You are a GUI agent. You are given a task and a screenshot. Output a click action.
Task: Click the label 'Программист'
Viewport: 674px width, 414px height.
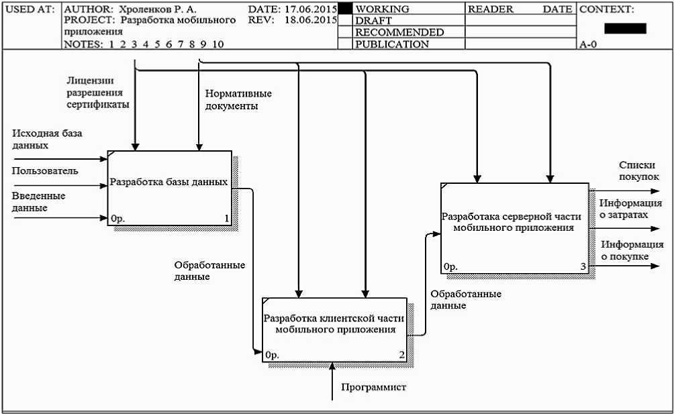coord(373,387)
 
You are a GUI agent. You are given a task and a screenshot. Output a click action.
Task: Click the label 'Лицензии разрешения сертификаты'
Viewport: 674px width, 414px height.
coord(98,92)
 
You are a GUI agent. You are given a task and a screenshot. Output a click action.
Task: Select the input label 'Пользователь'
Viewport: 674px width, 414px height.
coord(45,171)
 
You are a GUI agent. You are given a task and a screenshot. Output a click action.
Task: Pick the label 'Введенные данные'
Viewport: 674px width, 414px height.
coord(38,202)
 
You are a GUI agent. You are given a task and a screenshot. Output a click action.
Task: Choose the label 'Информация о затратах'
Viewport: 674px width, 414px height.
coord(631,209)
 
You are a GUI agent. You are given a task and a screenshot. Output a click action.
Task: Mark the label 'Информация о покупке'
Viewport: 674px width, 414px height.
coord(632,250)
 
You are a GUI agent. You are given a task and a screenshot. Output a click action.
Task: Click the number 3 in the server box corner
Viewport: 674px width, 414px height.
coord(583,267)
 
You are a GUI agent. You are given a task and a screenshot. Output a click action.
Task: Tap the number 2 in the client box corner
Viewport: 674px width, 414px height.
coord(401,355)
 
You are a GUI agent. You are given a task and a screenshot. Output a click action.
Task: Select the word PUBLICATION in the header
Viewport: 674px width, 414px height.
coord(391,44)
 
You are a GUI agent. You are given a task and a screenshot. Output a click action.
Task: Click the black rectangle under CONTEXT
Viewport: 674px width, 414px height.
coord(625,28)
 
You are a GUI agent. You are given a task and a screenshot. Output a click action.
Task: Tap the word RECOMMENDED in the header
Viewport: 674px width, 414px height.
coord(399,32)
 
